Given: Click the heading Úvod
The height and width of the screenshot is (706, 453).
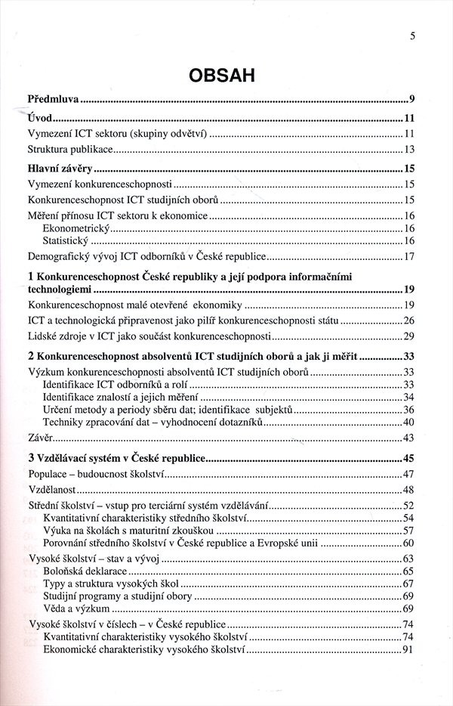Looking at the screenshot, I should pos(39,118).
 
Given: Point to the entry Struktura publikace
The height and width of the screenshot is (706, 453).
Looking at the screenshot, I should pos(70,149).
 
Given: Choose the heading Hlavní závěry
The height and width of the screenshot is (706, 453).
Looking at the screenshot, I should pos(61,169).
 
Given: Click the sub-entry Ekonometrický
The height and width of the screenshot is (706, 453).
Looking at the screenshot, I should pos(76,228).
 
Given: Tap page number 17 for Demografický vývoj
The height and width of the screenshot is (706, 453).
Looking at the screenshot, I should pos(410,256).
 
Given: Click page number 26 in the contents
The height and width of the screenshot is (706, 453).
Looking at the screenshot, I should pos(410,320).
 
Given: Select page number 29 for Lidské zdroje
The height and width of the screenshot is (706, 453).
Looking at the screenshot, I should pos(410,336).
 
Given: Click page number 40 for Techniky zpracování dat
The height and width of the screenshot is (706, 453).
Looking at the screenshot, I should pos(410,422).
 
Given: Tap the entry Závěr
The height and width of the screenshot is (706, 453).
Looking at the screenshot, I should pos(40,438).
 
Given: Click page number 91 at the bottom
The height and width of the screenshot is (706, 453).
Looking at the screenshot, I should pos(410,649).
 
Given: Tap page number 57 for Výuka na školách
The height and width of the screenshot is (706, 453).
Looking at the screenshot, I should pos(410,531).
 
